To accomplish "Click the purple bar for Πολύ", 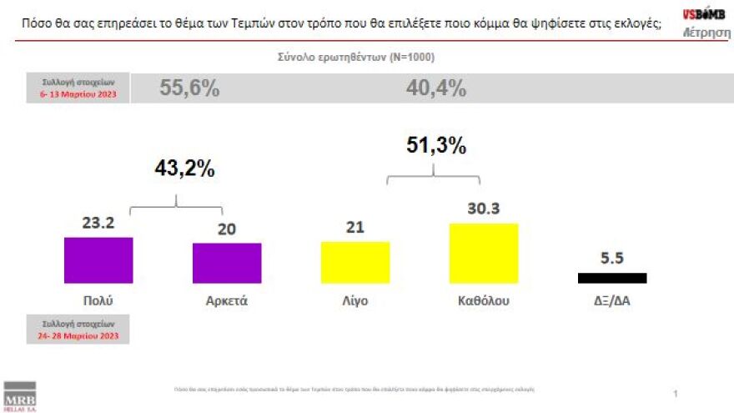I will pos(98,260).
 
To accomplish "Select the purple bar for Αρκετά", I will pos(227,263).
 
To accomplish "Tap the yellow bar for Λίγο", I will pos(355,262).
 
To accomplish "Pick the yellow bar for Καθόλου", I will pos(484,253).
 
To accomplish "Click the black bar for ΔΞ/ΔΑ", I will pos(611,278).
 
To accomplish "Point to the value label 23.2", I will pos(98,224).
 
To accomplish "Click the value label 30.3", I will pos(484,209).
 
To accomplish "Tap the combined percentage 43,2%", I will pos(184,168).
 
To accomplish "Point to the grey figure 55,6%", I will pos(189,89).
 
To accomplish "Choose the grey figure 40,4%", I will pos(435,89).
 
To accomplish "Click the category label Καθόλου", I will pos(484,300).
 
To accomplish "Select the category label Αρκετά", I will pos(227,300).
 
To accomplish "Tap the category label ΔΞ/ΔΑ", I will pos(611,300).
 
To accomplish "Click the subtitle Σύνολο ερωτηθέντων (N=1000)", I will pos(356,58).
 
